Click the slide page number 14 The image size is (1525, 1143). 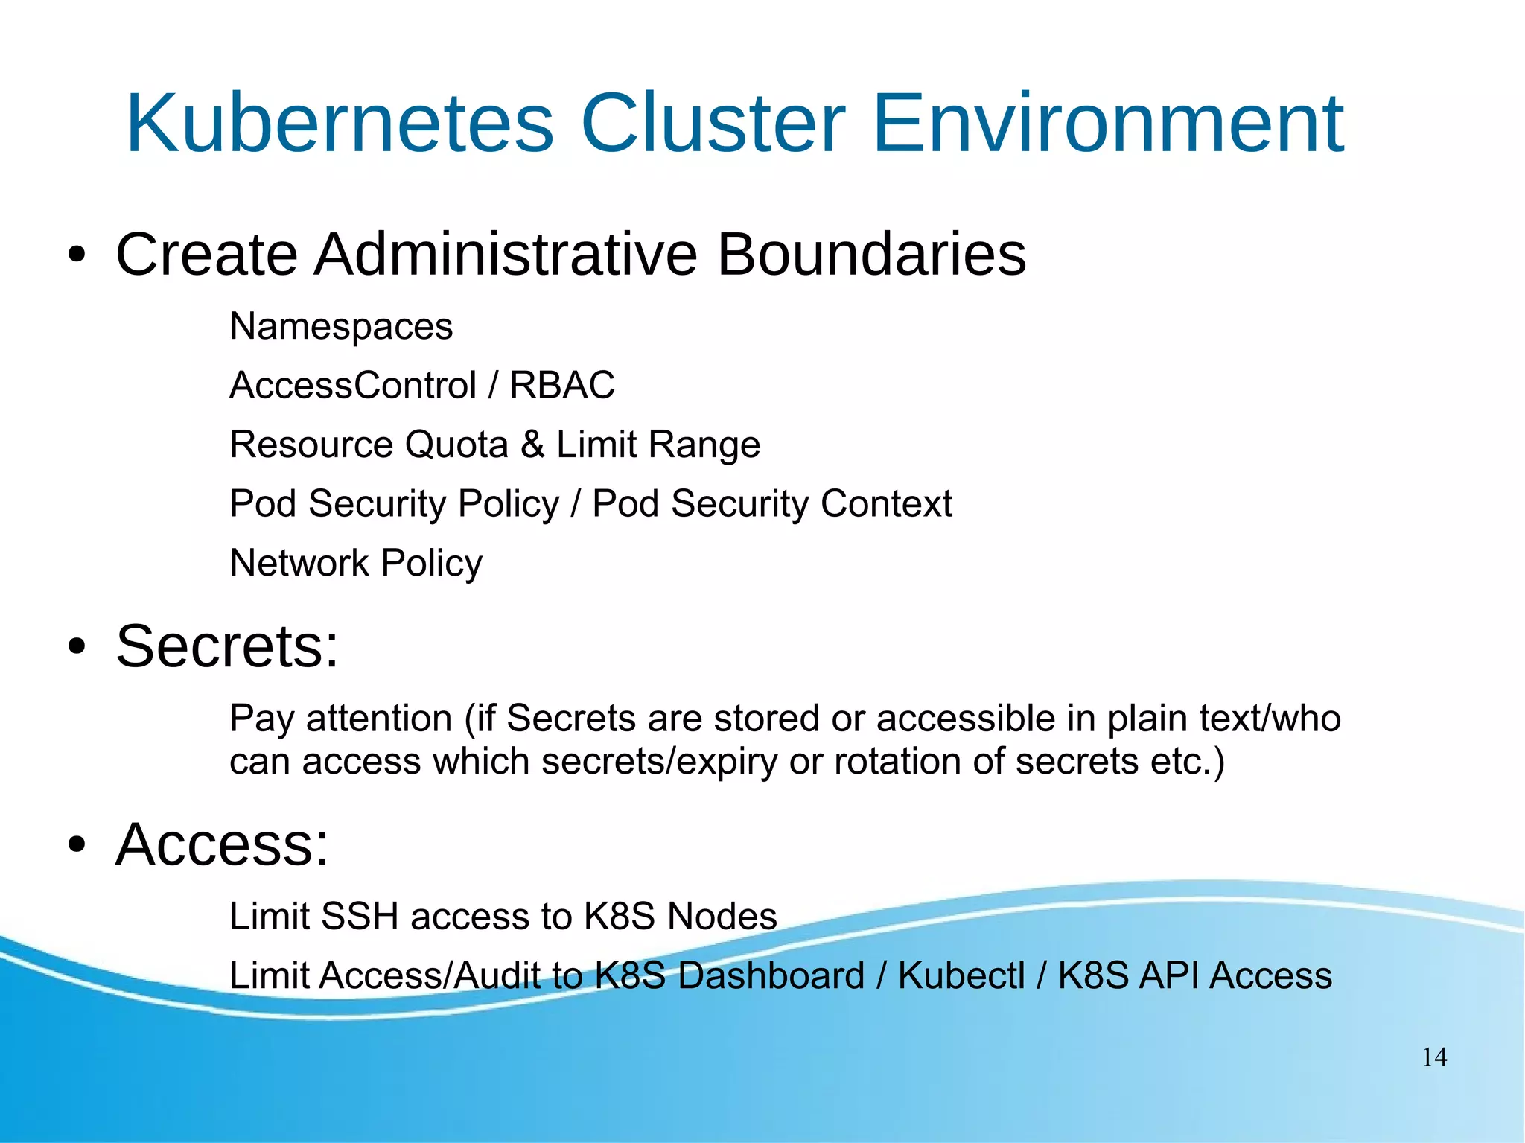pos(1434,1057)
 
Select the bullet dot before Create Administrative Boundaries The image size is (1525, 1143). pos(76,255)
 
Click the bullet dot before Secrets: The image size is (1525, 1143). pos(76,647)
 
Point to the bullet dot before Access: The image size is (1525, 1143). pos(76,845)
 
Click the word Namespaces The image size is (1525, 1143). pos(341,326)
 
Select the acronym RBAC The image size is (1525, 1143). pos(562,386)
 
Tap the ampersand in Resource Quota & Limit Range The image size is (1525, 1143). pos(532,445)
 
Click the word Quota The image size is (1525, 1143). pos(456,445)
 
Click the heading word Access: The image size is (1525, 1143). pos(222,844)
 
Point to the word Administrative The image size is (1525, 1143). pos(506,255)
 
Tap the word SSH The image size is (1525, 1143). pos(360,917)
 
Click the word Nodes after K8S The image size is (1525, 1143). pos(722,917)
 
